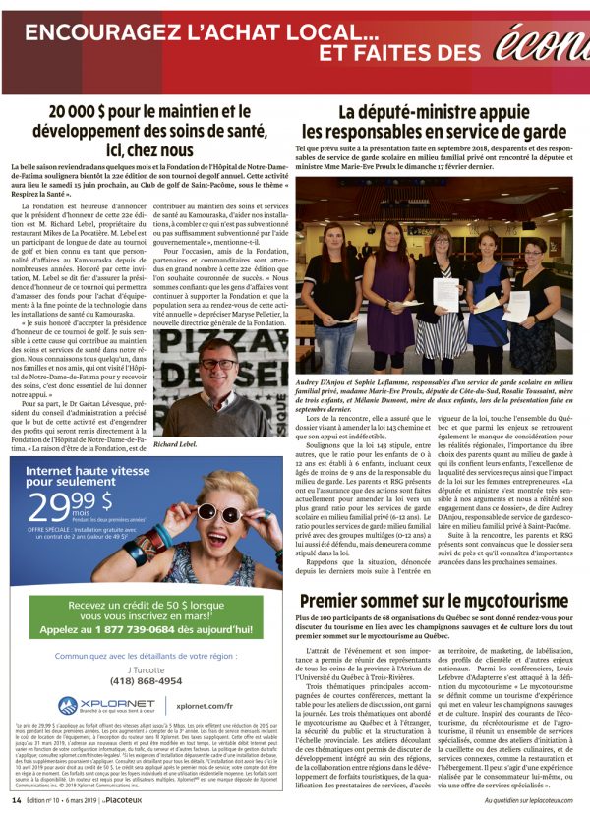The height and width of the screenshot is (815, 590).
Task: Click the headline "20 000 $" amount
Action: (x=87, y=112)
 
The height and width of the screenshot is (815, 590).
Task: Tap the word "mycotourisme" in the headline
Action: (x=510, y=599)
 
